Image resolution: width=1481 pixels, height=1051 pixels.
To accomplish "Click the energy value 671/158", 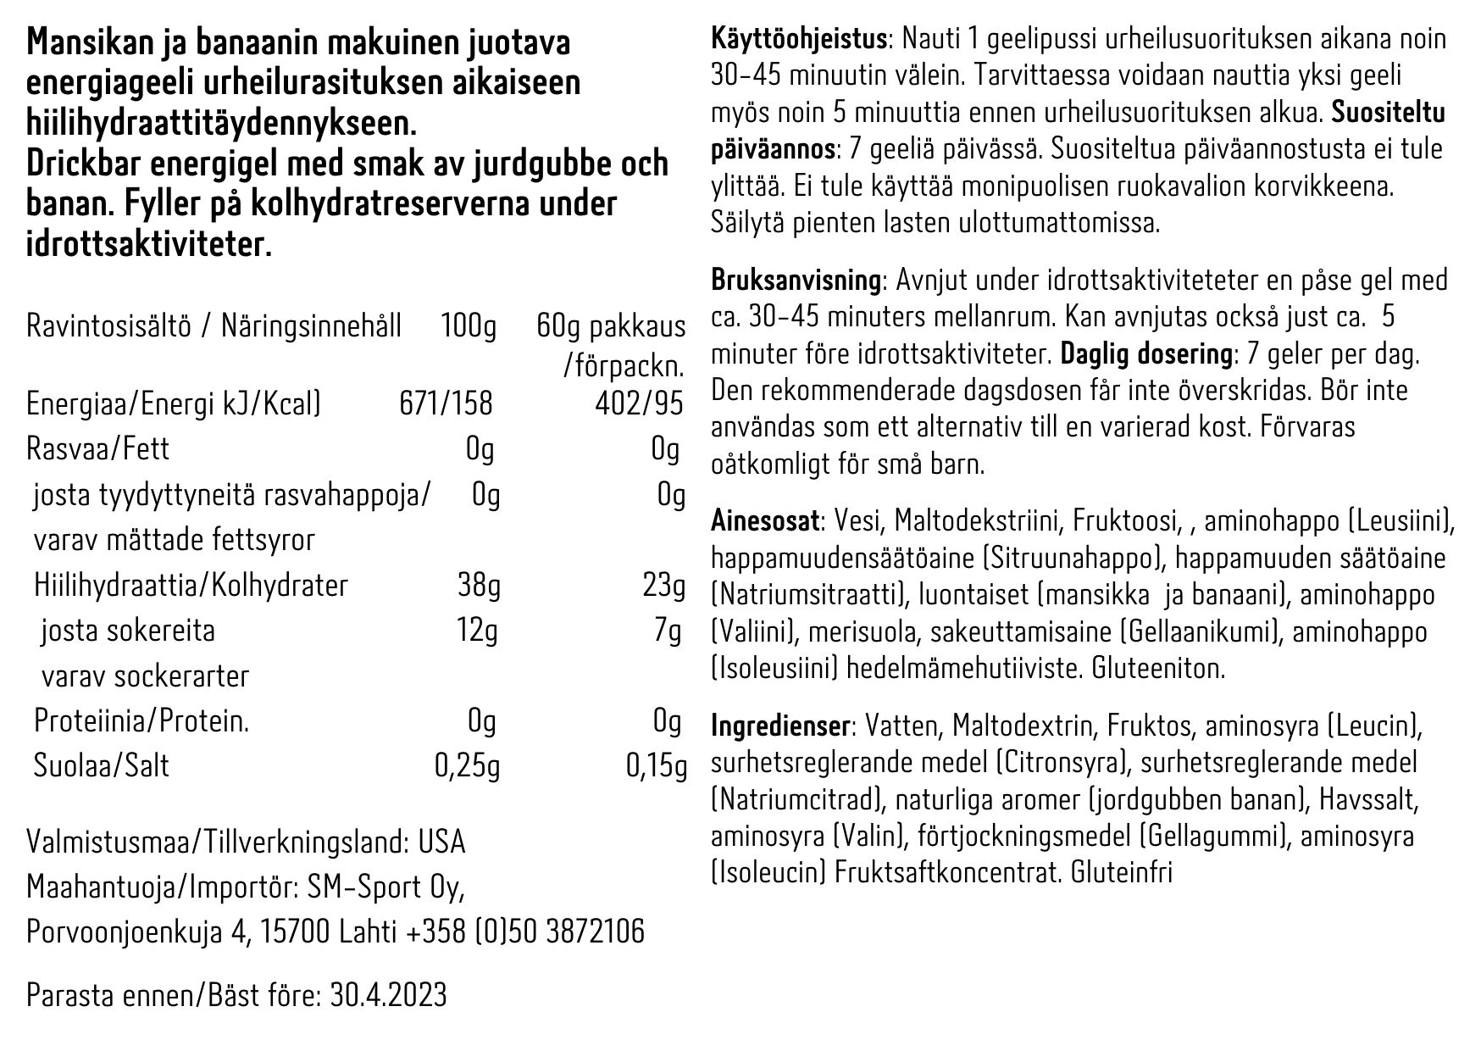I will tap(445, 403).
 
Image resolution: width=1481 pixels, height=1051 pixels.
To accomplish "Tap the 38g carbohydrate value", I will tap(477, 585).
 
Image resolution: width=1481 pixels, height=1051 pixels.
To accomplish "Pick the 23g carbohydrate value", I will tap(663, 585).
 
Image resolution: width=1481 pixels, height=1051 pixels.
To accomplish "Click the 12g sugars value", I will tap(477, 631).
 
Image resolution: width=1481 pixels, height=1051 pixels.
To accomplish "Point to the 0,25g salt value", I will tap(467, 765).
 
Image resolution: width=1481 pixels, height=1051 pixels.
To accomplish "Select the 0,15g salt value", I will tap(655, 765).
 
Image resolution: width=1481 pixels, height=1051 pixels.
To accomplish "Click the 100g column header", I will tap(469, 326).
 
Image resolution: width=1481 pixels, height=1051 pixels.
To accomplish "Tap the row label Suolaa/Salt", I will tap(101, 765).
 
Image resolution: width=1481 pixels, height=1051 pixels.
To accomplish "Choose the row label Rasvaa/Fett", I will tap(97, 449).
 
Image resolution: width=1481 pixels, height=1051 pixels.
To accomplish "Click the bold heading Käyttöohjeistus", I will tap(798, 40).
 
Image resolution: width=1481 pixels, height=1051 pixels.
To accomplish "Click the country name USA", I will tap(441, 842).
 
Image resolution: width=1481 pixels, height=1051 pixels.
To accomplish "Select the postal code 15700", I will tap(294, 931).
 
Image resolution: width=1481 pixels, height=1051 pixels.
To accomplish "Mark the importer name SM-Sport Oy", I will tap(394, 887).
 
